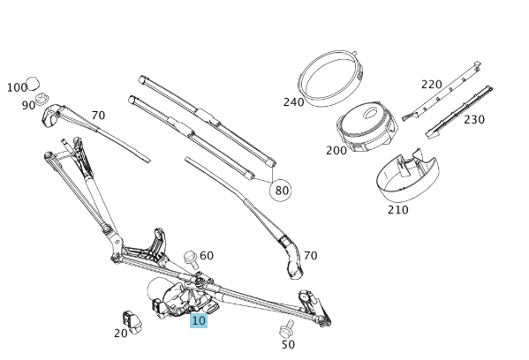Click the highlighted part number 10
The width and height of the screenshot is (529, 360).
point(199,321)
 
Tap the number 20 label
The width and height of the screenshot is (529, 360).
point(121,333)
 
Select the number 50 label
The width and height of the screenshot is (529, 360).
point(288,344)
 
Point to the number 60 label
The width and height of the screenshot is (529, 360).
point(207,256)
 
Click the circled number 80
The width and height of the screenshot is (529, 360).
point(282,190)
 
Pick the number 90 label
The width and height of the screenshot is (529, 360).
point(29,105)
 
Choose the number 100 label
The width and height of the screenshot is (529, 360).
point(17,87)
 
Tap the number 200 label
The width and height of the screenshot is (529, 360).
point(336,150)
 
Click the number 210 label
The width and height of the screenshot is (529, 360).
point(397,210)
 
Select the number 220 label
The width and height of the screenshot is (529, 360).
point(431,85)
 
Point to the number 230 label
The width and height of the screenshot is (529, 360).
point(474,120)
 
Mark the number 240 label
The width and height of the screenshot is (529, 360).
point(293,101)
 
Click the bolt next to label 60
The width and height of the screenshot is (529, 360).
point(191,258)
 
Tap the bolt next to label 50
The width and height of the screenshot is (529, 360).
point(285,330)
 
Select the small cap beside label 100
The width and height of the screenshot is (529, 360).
point(37,84)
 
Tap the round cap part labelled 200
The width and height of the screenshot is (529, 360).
point(366,126)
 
